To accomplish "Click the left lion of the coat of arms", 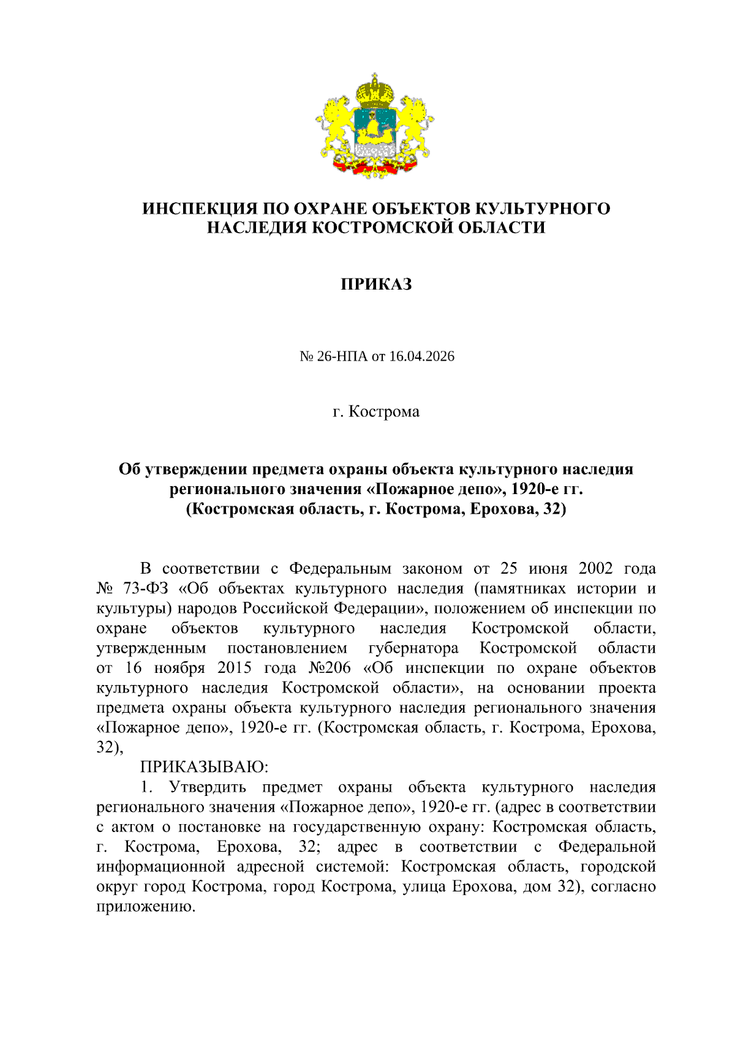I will tap(336, 126).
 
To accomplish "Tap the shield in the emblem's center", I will tap(375, 131).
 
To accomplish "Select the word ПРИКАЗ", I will tap(376, 284).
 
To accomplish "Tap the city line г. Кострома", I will tap(376, 411).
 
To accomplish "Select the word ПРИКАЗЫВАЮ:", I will tap(205, 767).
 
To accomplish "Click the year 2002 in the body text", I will tap(595, 569).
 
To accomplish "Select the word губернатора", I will tap(413, 648).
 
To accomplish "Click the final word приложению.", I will tap(146, 907).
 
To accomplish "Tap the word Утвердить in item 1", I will tap(208, 787).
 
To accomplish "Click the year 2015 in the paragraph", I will tap(235, 668).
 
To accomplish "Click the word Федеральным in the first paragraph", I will tap(340, 569).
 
